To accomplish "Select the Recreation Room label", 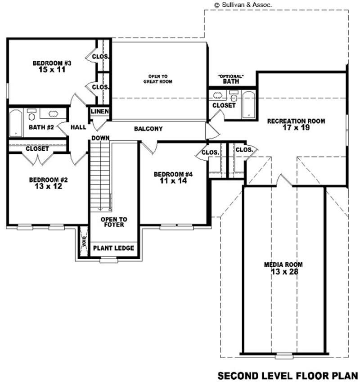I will point(296,121).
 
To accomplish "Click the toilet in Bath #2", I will point(32,115).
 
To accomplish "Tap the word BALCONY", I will point(148,129).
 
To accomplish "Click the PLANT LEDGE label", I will point(113,248).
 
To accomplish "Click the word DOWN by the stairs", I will point(100,138).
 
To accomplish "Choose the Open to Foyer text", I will point(113,222).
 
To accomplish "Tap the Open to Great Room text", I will point(158,79).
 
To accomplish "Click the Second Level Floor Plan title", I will point(288,375).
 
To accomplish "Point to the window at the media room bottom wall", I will point(283,355).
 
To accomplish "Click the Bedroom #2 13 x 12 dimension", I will point(48,186).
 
